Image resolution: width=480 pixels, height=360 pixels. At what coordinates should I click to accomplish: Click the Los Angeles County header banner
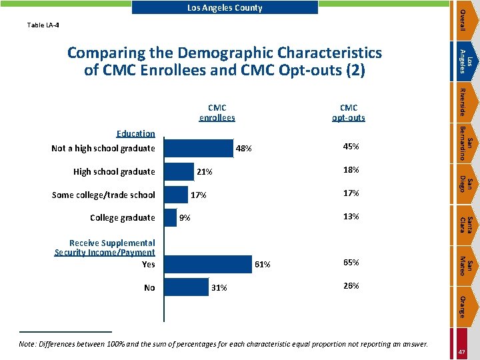coord(225,8)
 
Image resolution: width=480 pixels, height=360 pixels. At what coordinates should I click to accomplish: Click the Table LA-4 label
coord(43,25)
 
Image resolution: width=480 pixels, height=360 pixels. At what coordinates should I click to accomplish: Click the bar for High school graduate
coord(179,171)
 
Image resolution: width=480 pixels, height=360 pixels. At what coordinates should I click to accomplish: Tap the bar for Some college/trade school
coord(175,195)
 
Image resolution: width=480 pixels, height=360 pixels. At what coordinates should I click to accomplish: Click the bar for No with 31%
coord(186,287)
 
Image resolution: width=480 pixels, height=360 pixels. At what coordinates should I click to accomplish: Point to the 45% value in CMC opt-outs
coord(351,147)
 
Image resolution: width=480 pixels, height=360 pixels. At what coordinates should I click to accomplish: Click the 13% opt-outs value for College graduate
coord(351,217)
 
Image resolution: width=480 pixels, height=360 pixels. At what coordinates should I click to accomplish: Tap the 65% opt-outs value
coord(351,263)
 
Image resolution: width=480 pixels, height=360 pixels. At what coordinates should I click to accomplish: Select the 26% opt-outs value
coord(351,286)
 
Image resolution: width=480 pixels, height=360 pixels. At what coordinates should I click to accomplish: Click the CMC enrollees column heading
coord(217,113)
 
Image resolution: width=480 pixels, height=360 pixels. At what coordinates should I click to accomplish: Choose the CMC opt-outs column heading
coord(348,113)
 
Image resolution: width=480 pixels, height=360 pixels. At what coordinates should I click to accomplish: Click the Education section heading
coord(136,133)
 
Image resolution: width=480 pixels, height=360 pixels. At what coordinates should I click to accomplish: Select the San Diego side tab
coord(467,182)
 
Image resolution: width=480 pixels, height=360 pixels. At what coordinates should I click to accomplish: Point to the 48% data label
coord(243,149)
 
